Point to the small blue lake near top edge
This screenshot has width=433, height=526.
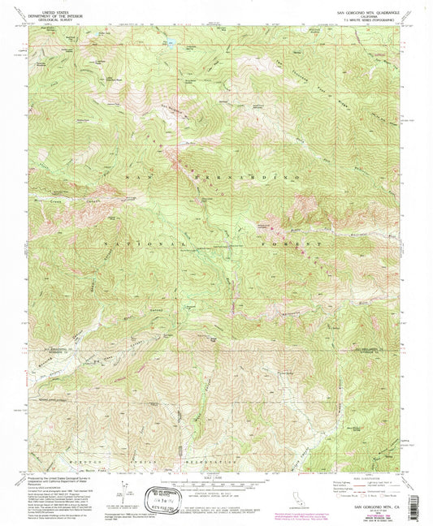(170, 41)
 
